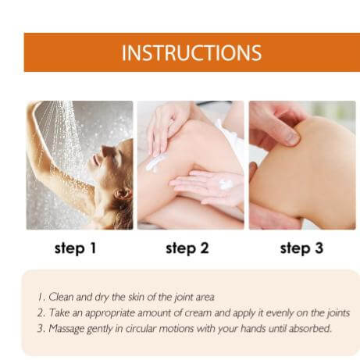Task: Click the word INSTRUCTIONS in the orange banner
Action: click(191, 53)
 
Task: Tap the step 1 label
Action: click(76, 248)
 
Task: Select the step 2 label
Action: click(187, 248)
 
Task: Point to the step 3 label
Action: click(301, 248)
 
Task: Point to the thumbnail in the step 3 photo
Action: click(292, 138)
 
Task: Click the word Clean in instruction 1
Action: click(61, 297)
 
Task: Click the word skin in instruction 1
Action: click(136, 297)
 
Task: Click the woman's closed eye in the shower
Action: click(107, 151)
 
